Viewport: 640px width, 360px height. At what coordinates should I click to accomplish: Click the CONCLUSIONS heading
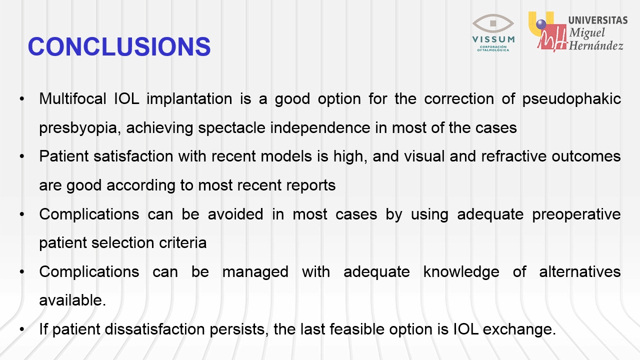(119, 46)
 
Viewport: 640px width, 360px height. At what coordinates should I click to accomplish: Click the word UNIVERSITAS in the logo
(598, 20)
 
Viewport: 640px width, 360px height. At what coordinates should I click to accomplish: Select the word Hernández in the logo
(596, 45)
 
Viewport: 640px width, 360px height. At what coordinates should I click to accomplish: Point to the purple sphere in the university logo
(541, 24)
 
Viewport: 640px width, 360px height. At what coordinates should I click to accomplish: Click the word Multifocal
(72, 99)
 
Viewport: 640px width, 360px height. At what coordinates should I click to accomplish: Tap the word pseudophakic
(571, 99)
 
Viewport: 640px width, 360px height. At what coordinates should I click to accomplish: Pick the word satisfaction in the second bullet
(133, 156)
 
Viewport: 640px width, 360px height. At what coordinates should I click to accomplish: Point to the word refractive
(513, 156)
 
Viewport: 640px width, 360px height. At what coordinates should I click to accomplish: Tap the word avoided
(235, 214)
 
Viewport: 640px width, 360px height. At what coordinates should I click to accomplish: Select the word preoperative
(576, 215)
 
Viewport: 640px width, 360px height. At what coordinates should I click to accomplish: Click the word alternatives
(580, 271)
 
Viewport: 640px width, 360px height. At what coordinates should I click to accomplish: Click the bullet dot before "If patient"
(22, 329)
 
